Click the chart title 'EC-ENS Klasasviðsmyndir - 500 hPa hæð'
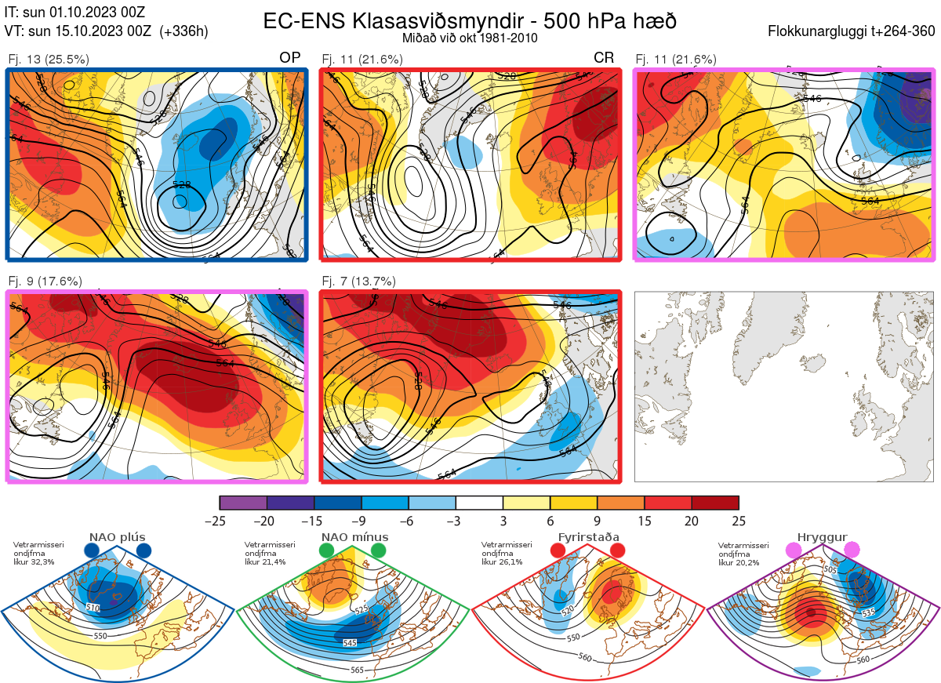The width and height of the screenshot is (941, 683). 470,21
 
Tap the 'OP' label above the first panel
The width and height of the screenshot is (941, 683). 290,58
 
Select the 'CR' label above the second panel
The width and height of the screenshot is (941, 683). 604,58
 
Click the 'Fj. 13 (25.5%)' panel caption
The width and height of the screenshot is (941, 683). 49,59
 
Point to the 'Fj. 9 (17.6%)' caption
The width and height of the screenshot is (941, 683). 45,281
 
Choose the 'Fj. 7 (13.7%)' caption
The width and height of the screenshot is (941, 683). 358,281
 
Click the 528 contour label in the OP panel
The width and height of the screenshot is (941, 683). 182,185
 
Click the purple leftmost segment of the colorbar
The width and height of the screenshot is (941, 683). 243,503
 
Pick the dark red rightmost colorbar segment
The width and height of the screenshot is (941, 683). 715,503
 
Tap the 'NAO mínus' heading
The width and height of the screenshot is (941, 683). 354,538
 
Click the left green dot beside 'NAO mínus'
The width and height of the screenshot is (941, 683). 327,551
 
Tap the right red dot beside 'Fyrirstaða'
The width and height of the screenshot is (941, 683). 616,551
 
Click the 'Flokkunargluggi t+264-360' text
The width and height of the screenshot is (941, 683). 854,31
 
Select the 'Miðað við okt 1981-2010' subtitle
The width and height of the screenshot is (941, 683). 470,38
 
